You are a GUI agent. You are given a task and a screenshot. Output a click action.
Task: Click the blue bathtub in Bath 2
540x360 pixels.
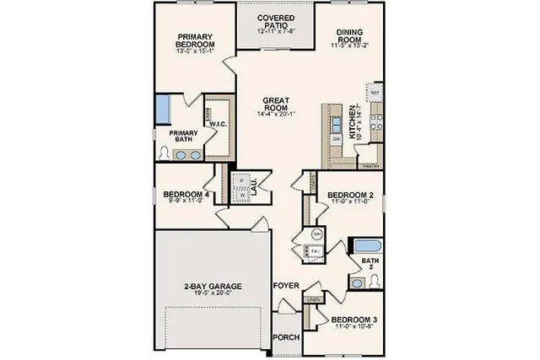pyautogui.click(x=367, y=247)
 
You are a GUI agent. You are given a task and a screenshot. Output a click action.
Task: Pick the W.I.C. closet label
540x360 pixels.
pyautogui.click(x=216, y=124)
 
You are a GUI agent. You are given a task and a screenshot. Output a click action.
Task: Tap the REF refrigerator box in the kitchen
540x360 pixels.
pyautogui.click(x=375, y=91)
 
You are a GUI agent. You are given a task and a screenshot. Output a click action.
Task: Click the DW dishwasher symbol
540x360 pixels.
pyautogui.click(x=336, y=137)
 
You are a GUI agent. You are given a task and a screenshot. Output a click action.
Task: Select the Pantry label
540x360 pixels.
pyautogui.click(x=368, y=167)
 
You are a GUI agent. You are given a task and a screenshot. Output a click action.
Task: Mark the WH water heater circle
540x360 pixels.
pyautogui.click(x=316, y=233)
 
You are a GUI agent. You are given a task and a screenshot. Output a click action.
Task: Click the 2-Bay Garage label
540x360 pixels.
pyautogui.click(x=213, y=287)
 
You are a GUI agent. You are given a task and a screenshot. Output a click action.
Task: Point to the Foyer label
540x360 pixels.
pyautogui.click(x=287, y=286)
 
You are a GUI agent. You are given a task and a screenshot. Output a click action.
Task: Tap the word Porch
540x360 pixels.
pyautogui.click(x=287, y=337)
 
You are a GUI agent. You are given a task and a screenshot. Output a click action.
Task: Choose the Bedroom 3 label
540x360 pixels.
pyautogui.click(x=355, y=320)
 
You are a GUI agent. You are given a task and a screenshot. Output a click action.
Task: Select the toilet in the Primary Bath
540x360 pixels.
pyautogui.click(x=164, y=154)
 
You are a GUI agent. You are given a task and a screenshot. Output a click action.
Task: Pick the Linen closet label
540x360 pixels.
pyautogui.click(x=314, y=299)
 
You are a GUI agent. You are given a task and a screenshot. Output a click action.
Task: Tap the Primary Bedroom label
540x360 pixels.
pyautogui.click(x=194, y=41)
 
